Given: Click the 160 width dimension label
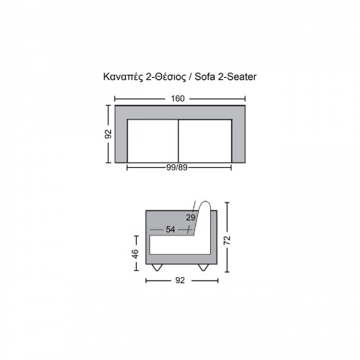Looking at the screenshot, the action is (178, 99).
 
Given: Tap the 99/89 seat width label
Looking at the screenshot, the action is (177, 167).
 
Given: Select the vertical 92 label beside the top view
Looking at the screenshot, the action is (109, 134).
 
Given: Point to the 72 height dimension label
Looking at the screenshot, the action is (227, 240).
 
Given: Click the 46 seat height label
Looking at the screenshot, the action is (135, 254).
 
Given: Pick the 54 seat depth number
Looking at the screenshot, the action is (171, 230).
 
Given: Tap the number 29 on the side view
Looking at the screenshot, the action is (191, 217).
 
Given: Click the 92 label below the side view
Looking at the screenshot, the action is (180, 280).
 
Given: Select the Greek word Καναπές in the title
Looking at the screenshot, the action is (123, 77).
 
